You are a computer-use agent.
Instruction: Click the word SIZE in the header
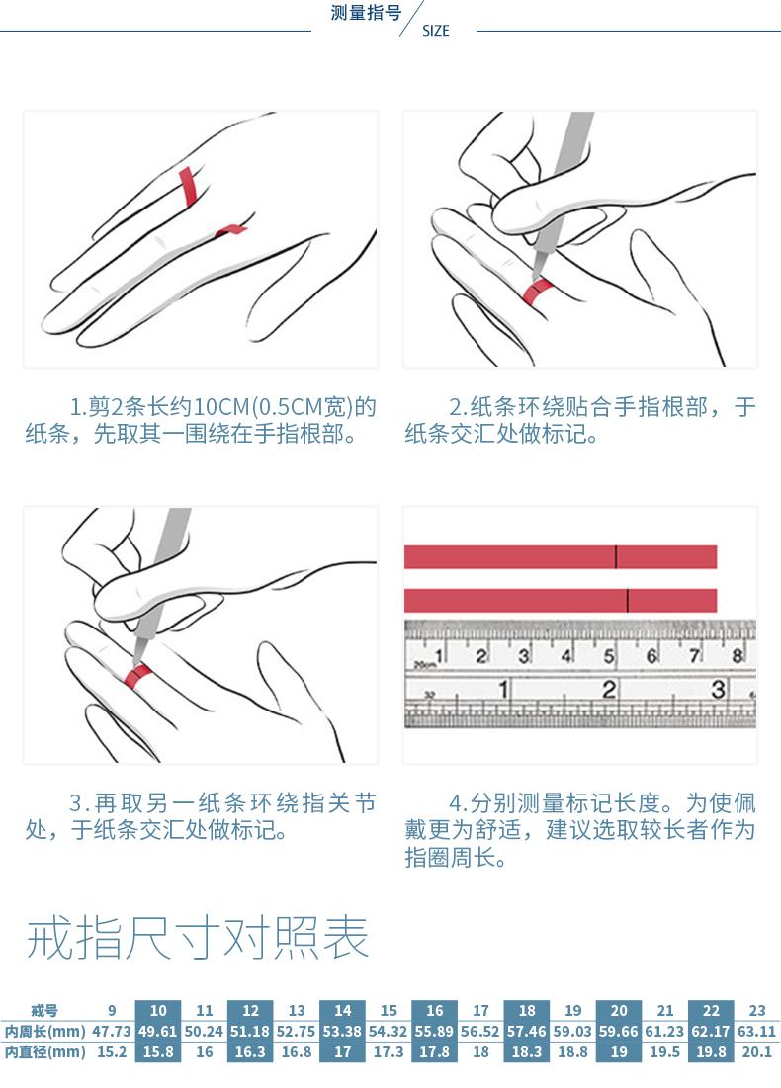coord(435,31)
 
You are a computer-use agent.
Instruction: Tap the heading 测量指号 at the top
coord(366,13)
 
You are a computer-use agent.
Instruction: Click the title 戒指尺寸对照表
coord(197,938)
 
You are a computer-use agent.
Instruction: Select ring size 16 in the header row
coord(435,1010)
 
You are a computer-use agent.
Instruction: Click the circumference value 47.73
coord(112,1031)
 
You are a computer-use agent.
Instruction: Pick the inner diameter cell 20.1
coord(756,1051)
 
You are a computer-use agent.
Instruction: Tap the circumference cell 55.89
coord(435,1031)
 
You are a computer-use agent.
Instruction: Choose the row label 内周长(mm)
coord(45,1031)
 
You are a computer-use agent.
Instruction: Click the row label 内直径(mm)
coord(45,1051)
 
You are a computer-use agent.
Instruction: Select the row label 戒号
coord(44,1010)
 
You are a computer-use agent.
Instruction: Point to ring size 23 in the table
coord(756,1010)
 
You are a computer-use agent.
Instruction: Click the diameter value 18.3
coord(527,1051)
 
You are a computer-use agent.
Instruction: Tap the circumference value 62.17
coord(710,1031)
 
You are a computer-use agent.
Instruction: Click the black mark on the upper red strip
coord(616,557)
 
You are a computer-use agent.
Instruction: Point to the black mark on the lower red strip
coord(628,600)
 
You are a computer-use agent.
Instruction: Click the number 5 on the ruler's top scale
coord(608,656)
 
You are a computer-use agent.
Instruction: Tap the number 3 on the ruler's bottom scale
coord(718,689)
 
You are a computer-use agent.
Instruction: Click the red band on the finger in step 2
coord(537,291)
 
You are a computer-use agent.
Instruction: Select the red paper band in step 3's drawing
coord(138,676)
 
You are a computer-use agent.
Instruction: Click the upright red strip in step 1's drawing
coord(188,186)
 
